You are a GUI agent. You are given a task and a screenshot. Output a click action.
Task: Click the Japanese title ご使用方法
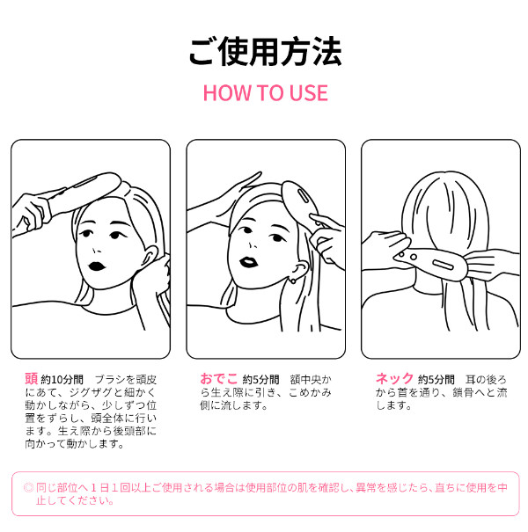(265, 52)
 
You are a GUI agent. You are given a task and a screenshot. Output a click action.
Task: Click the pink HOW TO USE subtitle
(265, 93)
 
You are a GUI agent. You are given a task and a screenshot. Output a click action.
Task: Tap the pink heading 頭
(31, 378)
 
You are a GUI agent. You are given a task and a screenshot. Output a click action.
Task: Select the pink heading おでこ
(218, 378)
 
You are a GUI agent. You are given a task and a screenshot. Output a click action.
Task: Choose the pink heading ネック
(394, 378)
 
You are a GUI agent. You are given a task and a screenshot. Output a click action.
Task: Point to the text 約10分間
(62, 379)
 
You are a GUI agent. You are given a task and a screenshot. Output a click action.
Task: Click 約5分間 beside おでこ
(260, 379)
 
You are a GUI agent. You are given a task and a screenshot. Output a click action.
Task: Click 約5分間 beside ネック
(436, 379)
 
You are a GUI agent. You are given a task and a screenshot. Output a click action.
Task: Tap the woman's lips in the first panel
(97, 266)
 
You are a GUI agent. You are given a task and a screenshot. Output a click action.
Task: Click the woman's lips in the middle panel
(248, 262)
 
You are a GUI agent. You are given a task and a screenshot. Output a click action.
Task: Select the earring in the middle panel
(292, 281)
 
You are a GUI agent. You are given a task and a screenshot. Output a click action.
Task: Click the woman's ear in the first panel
(150, 257)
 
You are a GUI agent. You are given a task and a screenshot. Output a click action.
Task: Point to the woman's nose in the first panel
(97, 251)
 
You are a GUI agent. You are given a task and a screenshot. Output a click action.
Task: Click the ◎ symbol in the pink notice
(28, 488)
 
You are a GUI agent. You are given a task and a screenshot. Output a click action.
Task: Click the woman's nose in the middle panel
(252, 245)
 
